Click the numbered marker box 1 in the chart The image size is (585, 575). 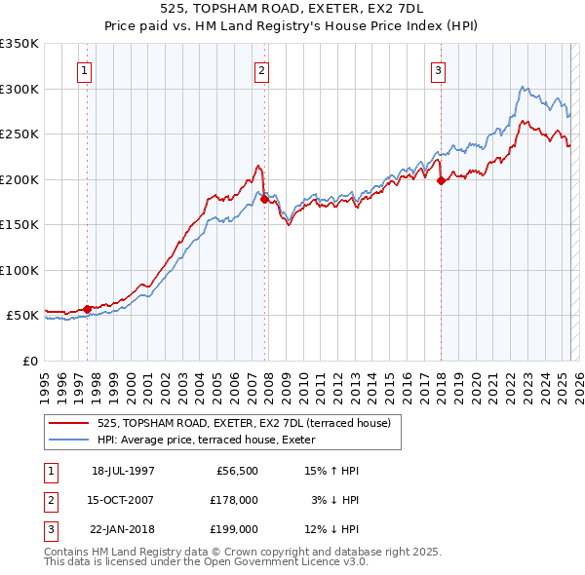[x=85, y=70]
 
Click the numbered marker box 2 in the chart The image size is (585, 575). [x=262, y=70]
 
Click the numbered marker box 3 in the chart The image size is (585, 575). [x=439, y=70]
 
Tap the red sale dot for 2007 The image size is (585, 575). [x=264, y=200]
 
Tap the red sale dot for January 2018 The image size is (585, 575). [x=441, y=180]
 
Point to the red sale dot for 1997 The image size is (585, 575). [x=87, y=309]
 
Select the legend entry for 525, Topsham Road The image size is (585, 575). [x=244, y=423]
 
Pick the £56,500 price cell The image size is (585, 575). [x=234, y=471]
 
